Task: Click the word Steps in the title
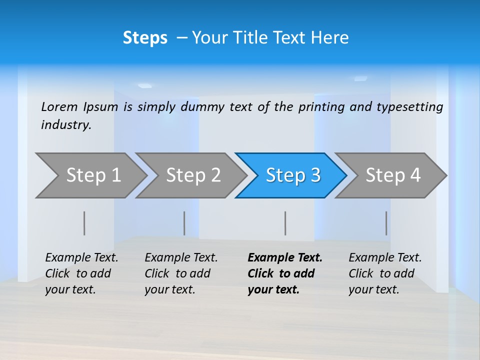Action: coord(145,38)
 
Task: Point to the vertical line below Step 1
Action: coord(84,223)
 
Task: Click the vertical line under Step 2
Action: coord(184,223)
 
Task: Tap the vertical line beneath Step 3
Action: coord(285,223)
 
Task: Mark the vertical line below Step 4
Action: coord(386,223)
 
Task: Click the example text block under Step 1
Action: coord(81,273)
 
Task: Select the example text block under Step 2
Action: coord(180,273)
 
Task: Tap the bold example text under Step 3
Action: coord(284,273)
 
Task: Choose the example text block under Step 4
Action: coord(384,273)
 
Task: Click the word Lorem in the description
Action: coord(59,107)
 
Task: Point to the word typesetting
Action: coord(409,107)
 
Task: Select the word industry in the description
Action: coord(66,125)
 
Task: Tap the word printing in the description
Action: coord(322,107)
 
